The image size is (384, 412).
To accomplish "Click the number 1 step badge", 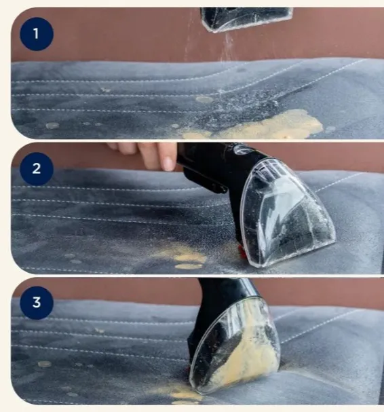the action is point(37,34).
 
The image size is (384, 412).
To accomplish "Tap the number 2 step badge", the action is point(37,169).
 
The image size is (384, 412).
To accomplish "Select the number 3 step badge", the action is point(37,303).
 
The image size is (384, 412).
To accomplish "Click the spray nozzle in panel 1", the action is point(246,19).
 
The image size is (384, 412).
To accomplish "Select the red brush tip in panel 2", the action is point(241,250).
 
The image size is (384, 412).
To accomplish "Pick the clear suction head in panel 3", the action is point(235,347).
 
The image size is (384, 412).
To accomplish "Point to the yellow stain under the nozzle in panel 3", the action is point(181,393).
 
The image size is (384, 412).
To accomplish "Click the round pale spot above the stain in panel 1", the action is point(204,100).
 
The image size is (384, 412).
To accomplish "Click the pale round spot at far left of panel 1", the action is point(52,126).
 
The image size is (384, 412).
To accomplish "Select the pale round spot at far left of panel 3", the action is point(44,364).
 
